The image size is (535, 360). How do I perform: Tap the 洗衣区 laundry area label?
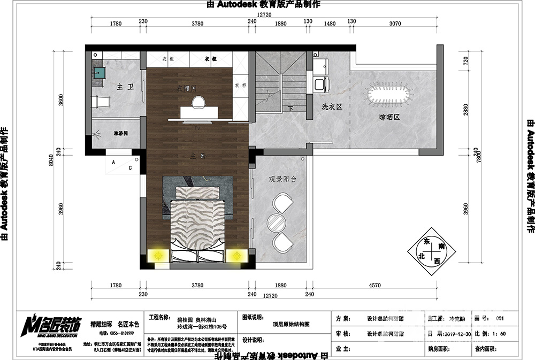[332, 107]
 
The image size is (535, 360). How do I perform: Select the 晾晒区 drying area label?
[389, 117]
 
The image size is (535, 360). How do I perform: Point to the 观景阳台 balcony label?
[282, 179]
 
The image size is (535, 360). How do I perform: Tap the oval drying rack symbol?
[389, 95]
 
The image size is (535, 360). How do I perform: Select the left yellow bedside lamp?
[158, 256]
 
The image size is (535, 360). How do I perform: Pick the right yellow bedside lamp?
[234, 256]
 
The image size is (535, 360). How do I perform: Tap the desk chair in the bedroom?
[198, 101]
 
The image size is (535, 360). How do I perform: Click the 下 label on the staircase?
[291, 109]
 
